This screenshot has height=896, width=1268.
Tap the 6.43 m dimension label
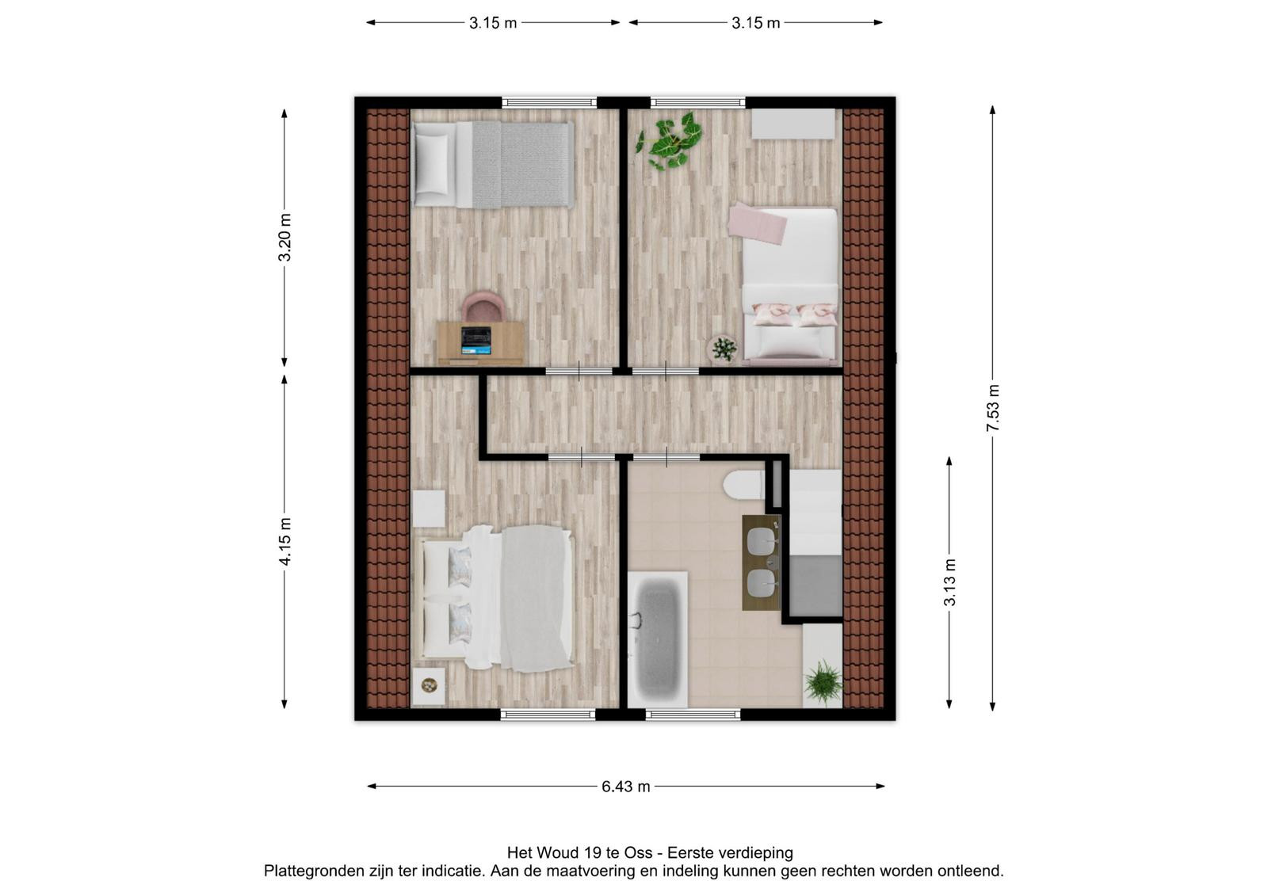[x=625, y=787]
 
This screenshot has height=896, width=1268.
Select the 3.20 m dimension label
[x=285, y=237]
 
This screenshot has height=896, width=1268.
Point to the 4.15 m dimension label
[x=285, y=541]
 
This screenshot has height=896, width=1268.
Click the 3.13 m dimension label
[x=949, y=582]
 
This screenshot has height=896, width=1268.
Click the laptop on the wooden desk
[x=475, y=340]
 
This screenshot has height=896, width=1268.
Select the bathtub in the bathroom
[x=658, y=639]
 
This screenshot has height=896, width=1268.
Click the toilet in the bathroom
[x=744, y=486]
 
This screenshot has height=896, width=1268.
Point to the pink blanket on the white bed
[x=757, y=223]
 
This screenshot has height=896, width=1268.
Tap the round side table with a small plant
[x=722, y=349]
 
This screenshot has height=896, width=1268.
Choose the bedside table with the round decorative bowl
[x=429, y=686]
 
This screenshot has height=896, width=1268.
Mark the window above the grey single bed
[x=549, y=102]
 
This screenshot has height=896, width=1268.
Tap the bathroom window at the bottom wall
[x=693, y=715]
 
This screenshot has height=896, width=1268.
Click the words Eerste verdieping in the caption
[x=730, y=852]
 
